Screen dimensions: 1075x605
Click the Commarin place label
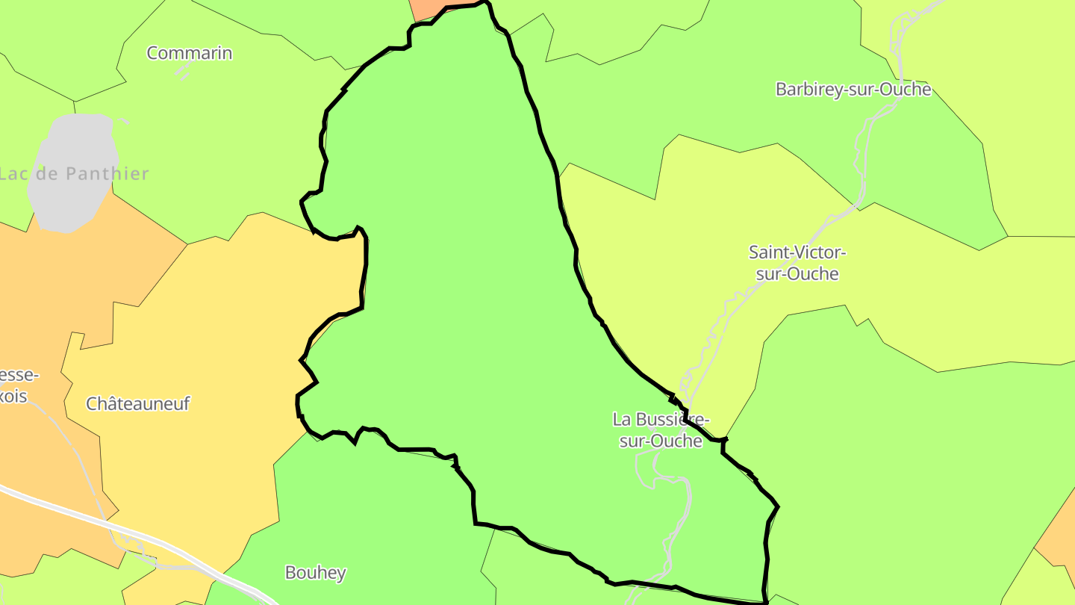coord(189,53)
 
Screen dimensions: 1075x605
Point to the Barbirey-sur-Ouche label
coord(853,90)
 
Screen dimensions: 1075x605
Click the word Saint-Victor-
coord(797,252)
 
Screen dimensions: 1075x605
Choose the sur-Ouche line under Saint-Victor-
coord(797,274)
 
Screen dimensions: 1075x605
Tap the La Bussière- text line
coord(661,419)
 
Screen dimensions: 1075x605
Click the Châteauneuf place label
coord(138,404)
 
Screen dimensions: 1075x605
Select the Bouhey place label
coord(315,573)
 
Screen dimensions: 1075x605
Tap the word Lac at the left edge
coord(13,174)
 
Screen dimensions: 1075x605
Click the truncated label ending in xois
coord(13,396)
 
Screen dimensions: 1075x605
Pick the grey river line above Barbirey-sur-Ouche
coord(907,30)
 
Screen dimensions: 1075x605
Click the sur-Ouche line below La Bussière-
coord(661,441)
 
